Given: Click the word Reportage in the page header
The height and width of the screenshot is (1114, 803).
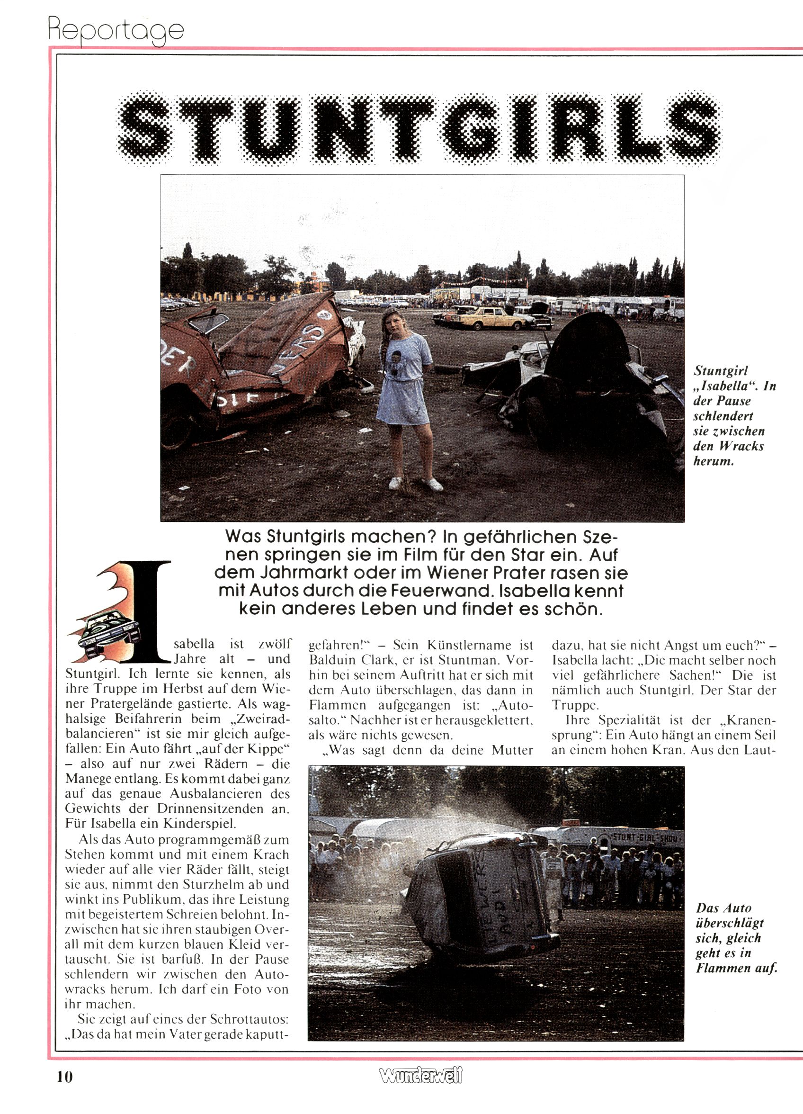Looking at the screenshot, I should pyautogui.click(x=116, y=30).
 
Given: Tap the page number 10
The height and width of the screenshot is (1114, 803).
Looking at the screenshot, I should pyautogui.click(x=64, y=1077).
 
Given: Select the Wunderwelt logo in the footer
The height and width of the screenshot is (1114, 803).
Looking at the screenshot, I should pyautogui.click(x=420, y=1076).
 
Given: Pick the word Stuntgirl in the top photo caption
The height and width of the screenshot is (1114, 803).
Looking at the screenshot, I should pyautogui.click(x=720, y=371).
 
